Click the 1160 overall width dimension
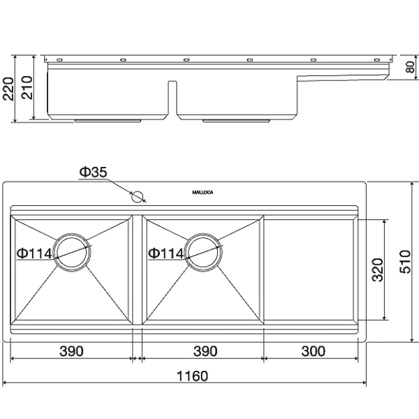pyautogui.click(x=193, y=376)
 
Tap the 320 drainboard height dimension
pyautogui.click(x=376, y=270)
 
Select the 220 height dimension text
pyautogui.click(x=9, y=89)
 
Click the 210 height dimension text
pyautogui.click(x=27, y=89)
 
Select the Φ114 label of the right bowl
pyautogui.click(x=166, y=253)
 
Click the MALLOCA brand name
pyautogui.click(x=203, y=191)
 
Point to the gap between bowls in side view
pyautogui.click(x=171, y=98)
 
